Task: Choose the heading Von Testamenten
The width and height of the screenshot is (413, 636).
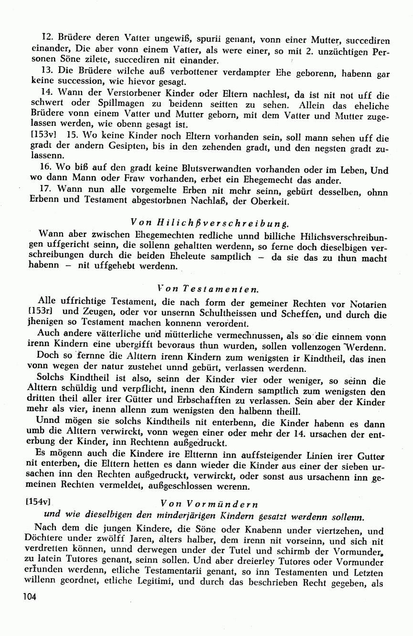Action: pos(208,289)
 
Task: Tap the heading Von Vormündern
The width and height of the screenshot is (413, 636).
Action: pos(210,503)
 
